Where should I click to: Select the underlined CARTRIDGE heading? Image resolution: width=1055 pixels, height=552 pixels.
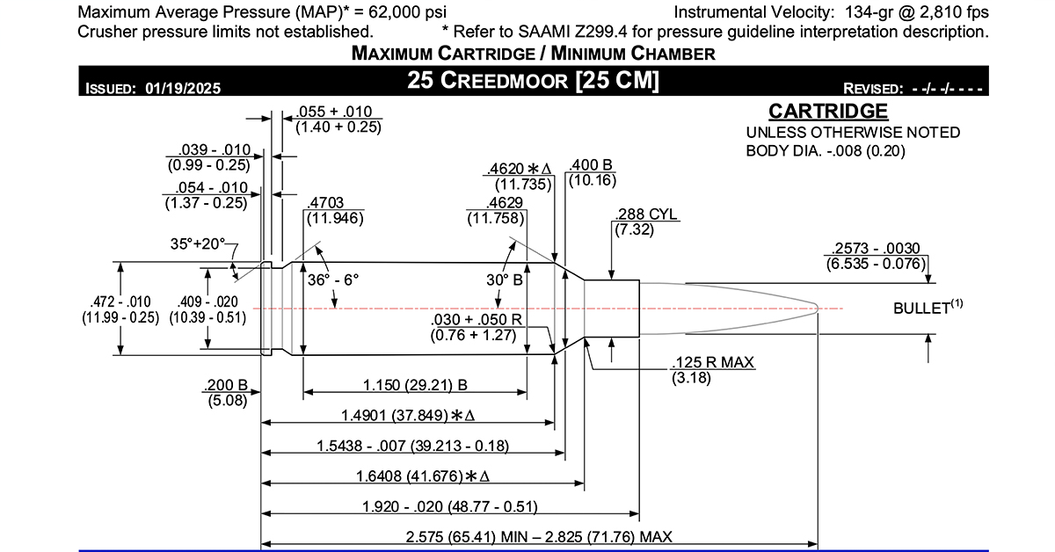(828, 112)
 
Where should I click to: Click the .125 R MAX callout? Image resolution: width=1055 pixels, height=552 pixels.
(712, 362)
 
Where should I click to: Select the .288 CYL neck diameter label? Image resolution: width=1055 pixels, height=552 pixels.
(648, 214)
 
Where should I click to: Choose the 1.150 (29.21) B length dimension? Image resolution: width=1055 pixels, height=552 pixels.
(415, 385)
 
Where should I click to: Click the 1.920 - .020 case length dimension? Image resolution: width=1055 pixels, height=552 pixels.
(449, 507)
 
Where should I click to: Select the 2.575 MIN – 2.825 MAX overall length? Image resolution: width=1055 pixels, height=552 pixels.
(540, 537)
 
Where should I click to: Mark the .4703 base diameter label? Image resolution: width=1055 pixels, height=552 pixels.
(326, 203)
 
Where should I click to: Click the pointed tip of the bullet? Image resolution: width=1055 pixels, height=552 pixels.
(819, 308)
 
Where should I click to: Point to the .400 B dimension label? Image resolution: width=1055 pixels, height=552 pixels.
(591, 165)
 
